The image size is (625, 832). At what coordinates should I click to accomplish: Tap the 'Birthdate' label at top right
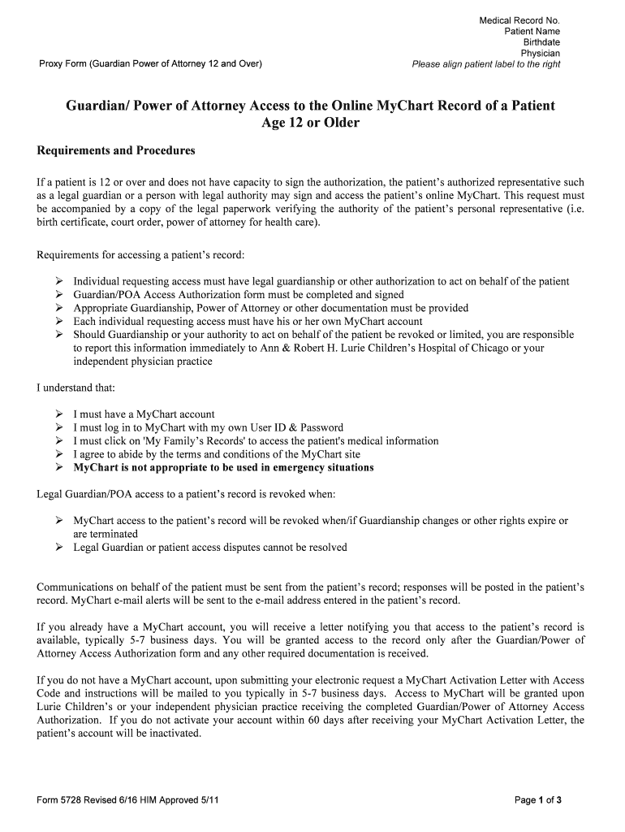pos(541,42)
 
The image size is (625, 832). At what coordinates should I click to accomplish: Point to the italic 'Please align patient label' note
pos(485,64)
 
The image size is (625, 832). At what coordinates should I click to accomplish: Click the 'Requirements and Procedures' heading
pos(116,151)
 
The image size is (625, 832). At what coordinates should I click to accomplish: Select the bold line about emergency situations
pos(223,468)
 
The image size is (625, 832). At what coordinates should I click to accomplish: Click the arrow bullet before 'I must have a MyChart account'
pos(59,414)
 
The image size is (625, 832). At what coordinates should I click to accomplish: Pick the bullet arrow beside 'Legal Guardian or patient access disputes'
pos(59,548)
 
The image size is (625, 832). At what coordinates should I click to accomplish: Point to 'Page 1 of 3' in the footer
pos(538,799)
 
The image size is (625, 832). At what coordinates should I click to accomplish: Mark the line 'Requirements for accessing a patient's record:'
pos(140,255)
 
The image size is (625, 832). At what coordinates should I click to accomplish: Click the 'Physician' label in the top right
pos(540,54)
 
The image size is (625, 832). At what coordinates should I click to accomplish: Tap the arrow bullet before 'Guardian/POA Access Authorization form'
pos(59,295)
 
